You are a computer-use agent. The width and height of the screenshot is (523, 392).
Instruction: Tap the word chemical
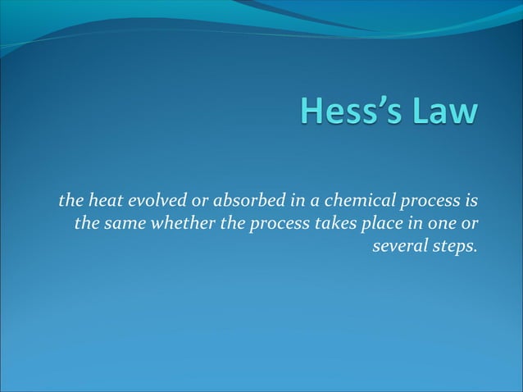328,201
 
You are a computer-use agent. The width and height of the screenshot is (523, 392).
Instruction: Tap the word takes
335,223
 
